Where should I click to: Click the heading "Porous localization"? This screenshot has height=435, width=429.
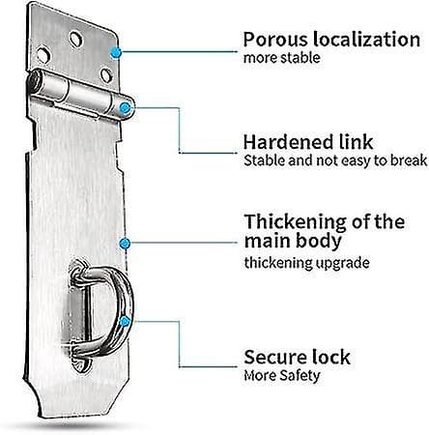click(x=331, y=40)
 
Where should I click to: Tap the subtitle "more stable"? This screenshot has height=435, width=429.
click(x=282, y=58)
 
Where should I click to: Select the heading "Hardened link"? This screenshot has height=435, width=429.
click(x=308, y=142)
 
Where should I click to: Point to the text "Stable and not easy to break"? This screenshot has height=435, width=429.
click(x=335, y=160)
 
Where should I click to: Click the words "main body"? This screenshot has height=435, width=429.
click(x=293, y=241)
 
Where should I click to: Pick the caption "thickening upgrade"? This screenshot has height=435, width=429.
click(x=306, y=263)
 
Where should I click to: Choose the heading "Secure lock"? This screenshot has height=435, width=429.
click(x=297, y=357)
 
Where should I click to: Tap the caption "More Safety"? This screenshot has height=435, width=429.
click(x=282, y=376)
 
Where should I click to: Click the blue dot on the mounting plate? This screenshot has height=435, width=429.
click(x=116, y=52)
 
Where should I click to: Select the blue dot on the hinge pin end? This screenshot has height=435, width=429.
click(x=125, y=108)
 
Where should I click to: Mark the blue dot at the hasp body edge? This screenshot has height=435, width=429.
click(x=125, y=244)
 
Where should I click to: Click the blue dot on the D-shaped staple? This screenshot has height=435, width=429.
click(x=125, y=321)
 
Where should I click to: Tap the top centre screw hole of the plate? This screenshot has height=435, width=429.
click(x=76, y=40)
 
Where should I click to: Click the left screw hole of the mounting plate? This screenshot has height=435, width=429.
click(x=43, y=55)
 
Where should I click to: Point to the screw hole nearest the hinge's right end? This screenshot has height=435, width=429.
click(x=106, y=74)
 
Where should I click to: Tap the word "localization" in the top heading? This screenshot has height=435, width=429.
click(x=367, y=40)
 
